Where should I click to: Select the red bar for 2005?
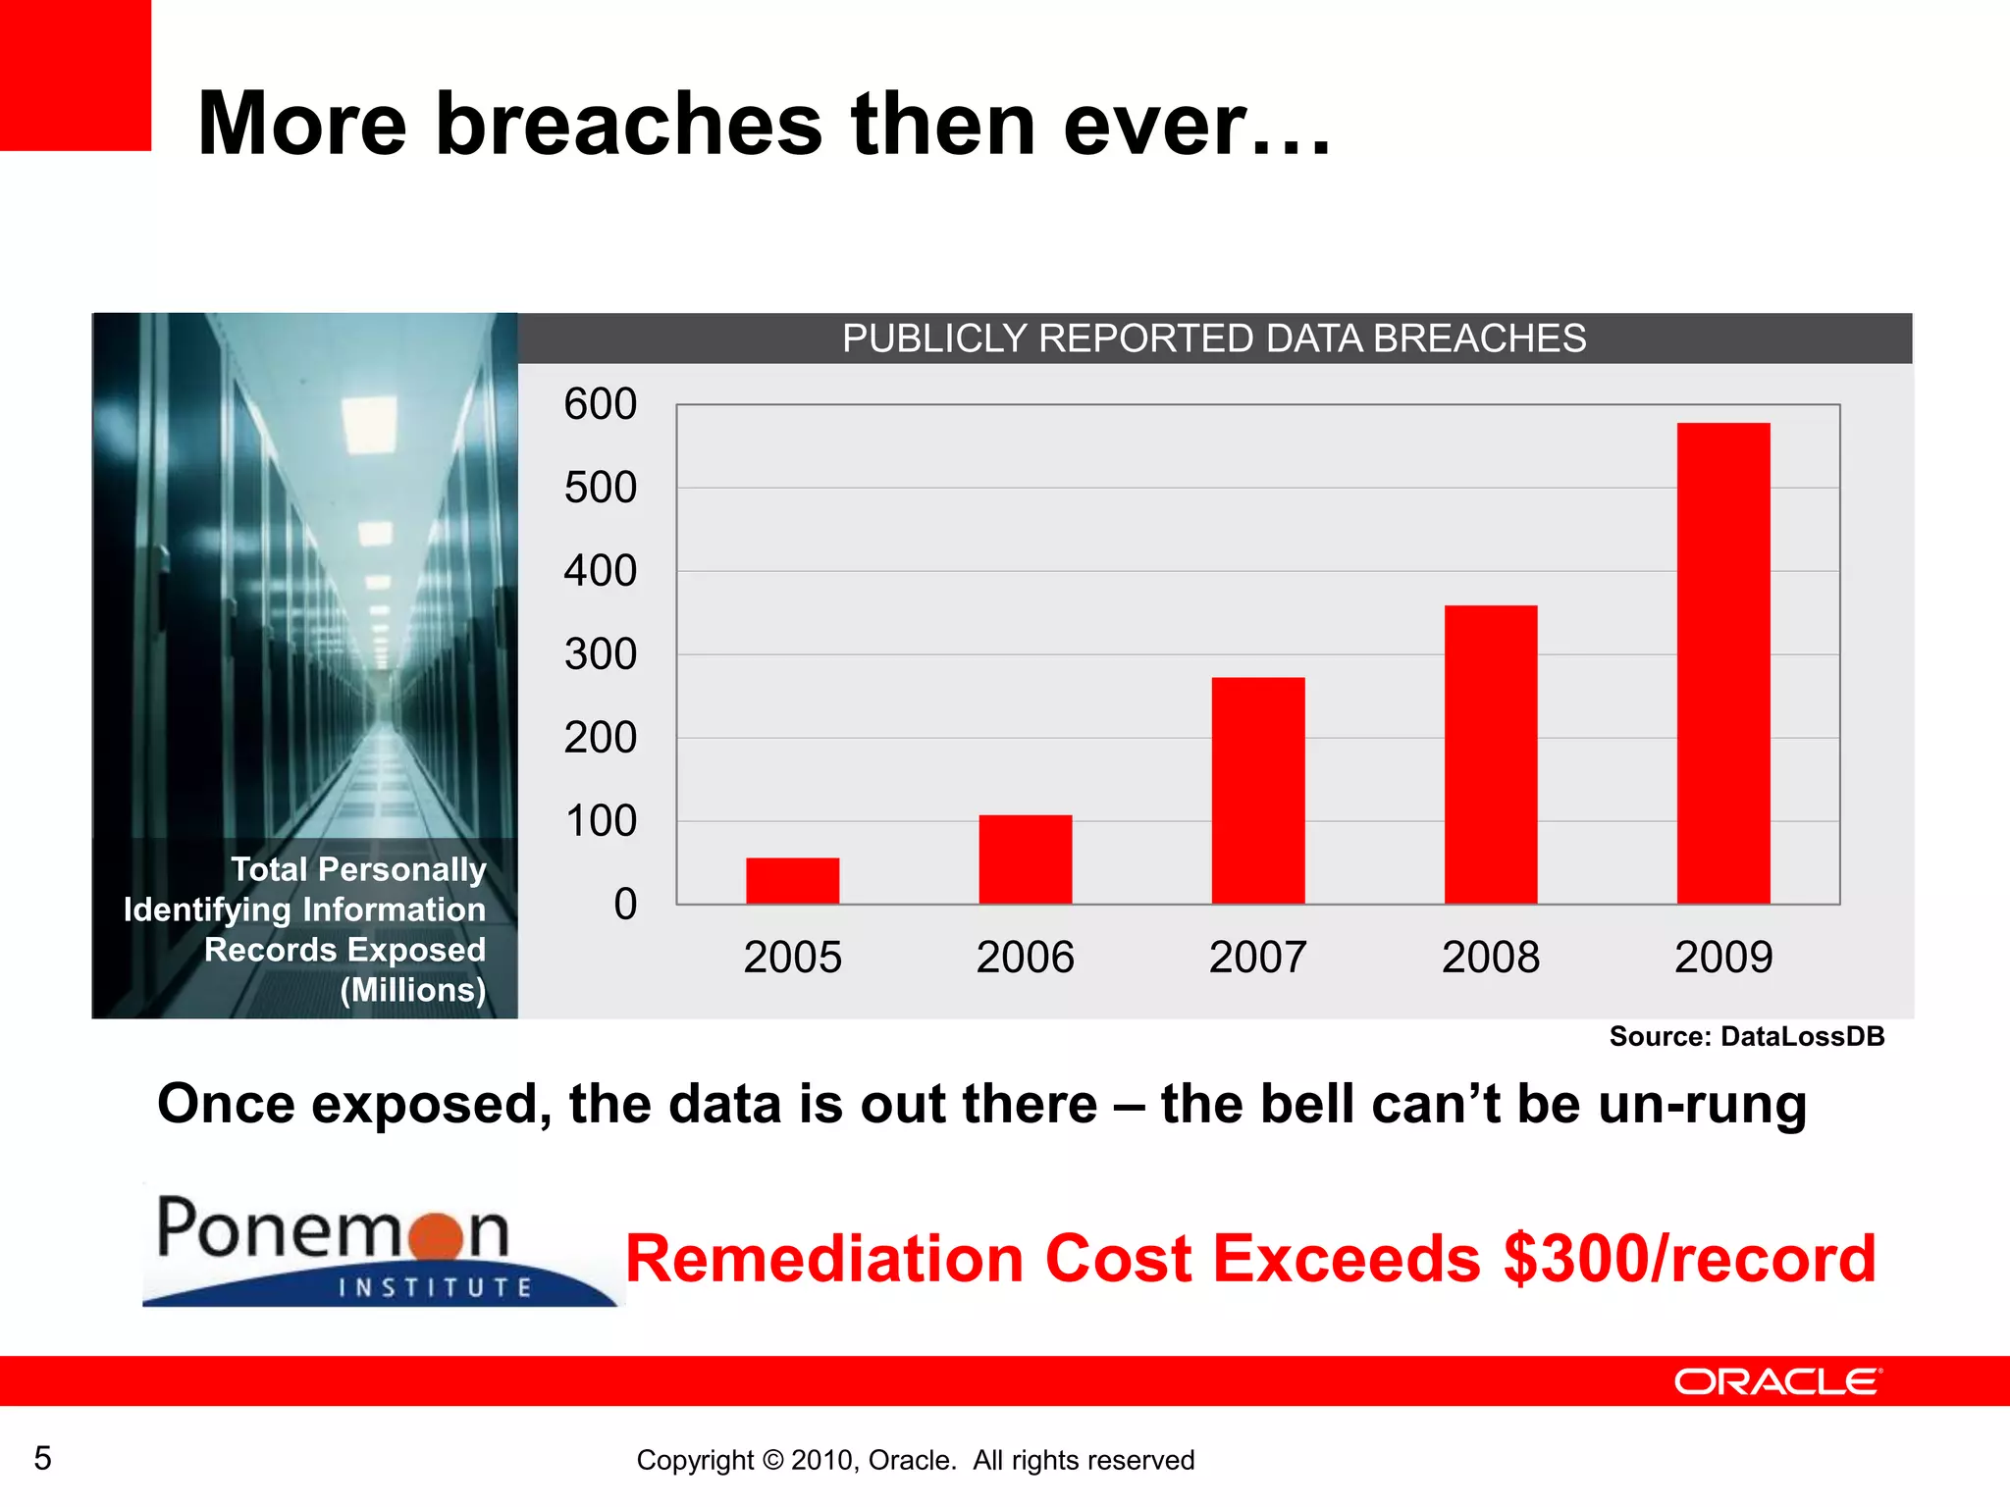[792, 881]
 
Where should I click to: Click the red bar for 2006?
[1025, 859]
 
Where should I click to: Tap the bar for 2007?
[1257, 791]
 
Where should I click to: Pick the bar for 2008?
[1490, 754]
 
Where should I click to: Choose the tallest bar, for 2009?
[1722, 663]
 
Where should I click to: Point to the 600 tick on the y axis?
[600, 404]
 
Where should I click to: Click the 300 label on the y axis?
[600, 654]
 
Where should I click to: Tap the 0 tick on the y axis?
[625, 905]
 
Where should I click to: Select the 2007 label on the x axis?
[1257, 958]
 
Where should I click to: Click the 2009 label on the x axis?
[1722, 958]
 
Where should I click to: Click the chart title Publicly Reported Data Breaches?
[1214, 338]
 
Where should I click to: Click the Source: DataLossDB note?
[1746, 1036]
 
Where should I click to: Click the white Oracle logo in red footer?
[1777, 1381]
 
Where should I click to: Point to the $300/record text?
[1688, 1259]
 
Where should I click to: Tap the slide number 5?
[42, 1458]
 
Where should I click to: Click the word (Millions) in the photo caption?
[412, 990]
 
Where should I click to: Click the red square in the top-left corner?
[75, 75]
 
